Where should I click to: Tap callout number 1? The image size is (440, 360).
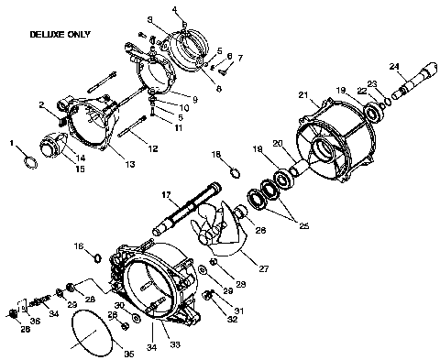click(11, 143)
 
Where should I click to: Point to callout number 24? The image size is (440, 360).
click(394, 66)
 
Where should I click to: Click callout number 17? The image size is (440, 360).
click(167, 194)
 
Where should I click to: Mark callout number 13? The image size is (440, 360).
click(130, 164)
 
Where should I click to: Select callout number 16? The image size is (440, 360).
click(79, 245)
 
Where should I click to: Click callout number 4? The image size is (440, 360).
click(175, 9)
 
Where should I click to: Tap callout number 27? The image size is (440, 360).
click(263, 268)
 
